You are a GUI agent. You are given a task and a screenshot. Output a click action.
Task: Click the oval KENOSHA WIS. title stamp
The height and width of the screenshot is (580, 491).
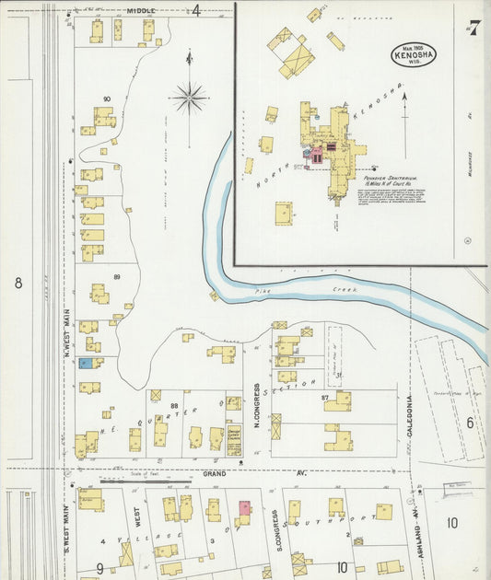coord(413,52)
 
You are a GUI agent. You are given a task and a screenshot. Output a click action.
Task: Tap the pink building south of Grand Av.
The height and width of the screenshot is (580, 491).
coord(244,507)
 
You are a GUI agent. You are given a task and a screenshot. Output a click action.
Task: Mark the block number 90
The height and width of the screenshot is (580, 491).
coord(107,99)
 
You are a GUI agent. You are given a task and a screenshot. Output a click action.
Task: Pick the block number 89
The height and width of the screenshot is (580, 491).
coord(117,277)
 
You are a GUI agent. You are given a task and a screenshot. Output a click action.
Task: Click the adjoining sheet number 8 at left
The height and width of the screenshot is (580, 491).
coord(18,283)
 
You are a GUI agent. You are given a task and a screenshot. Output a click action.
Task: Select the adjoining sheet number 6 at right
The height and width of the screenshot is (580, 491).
coord(469,423)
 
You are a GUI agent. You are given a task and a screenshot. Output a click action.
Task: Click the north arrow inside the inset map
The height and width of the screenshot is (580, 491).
coord(403,129)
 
